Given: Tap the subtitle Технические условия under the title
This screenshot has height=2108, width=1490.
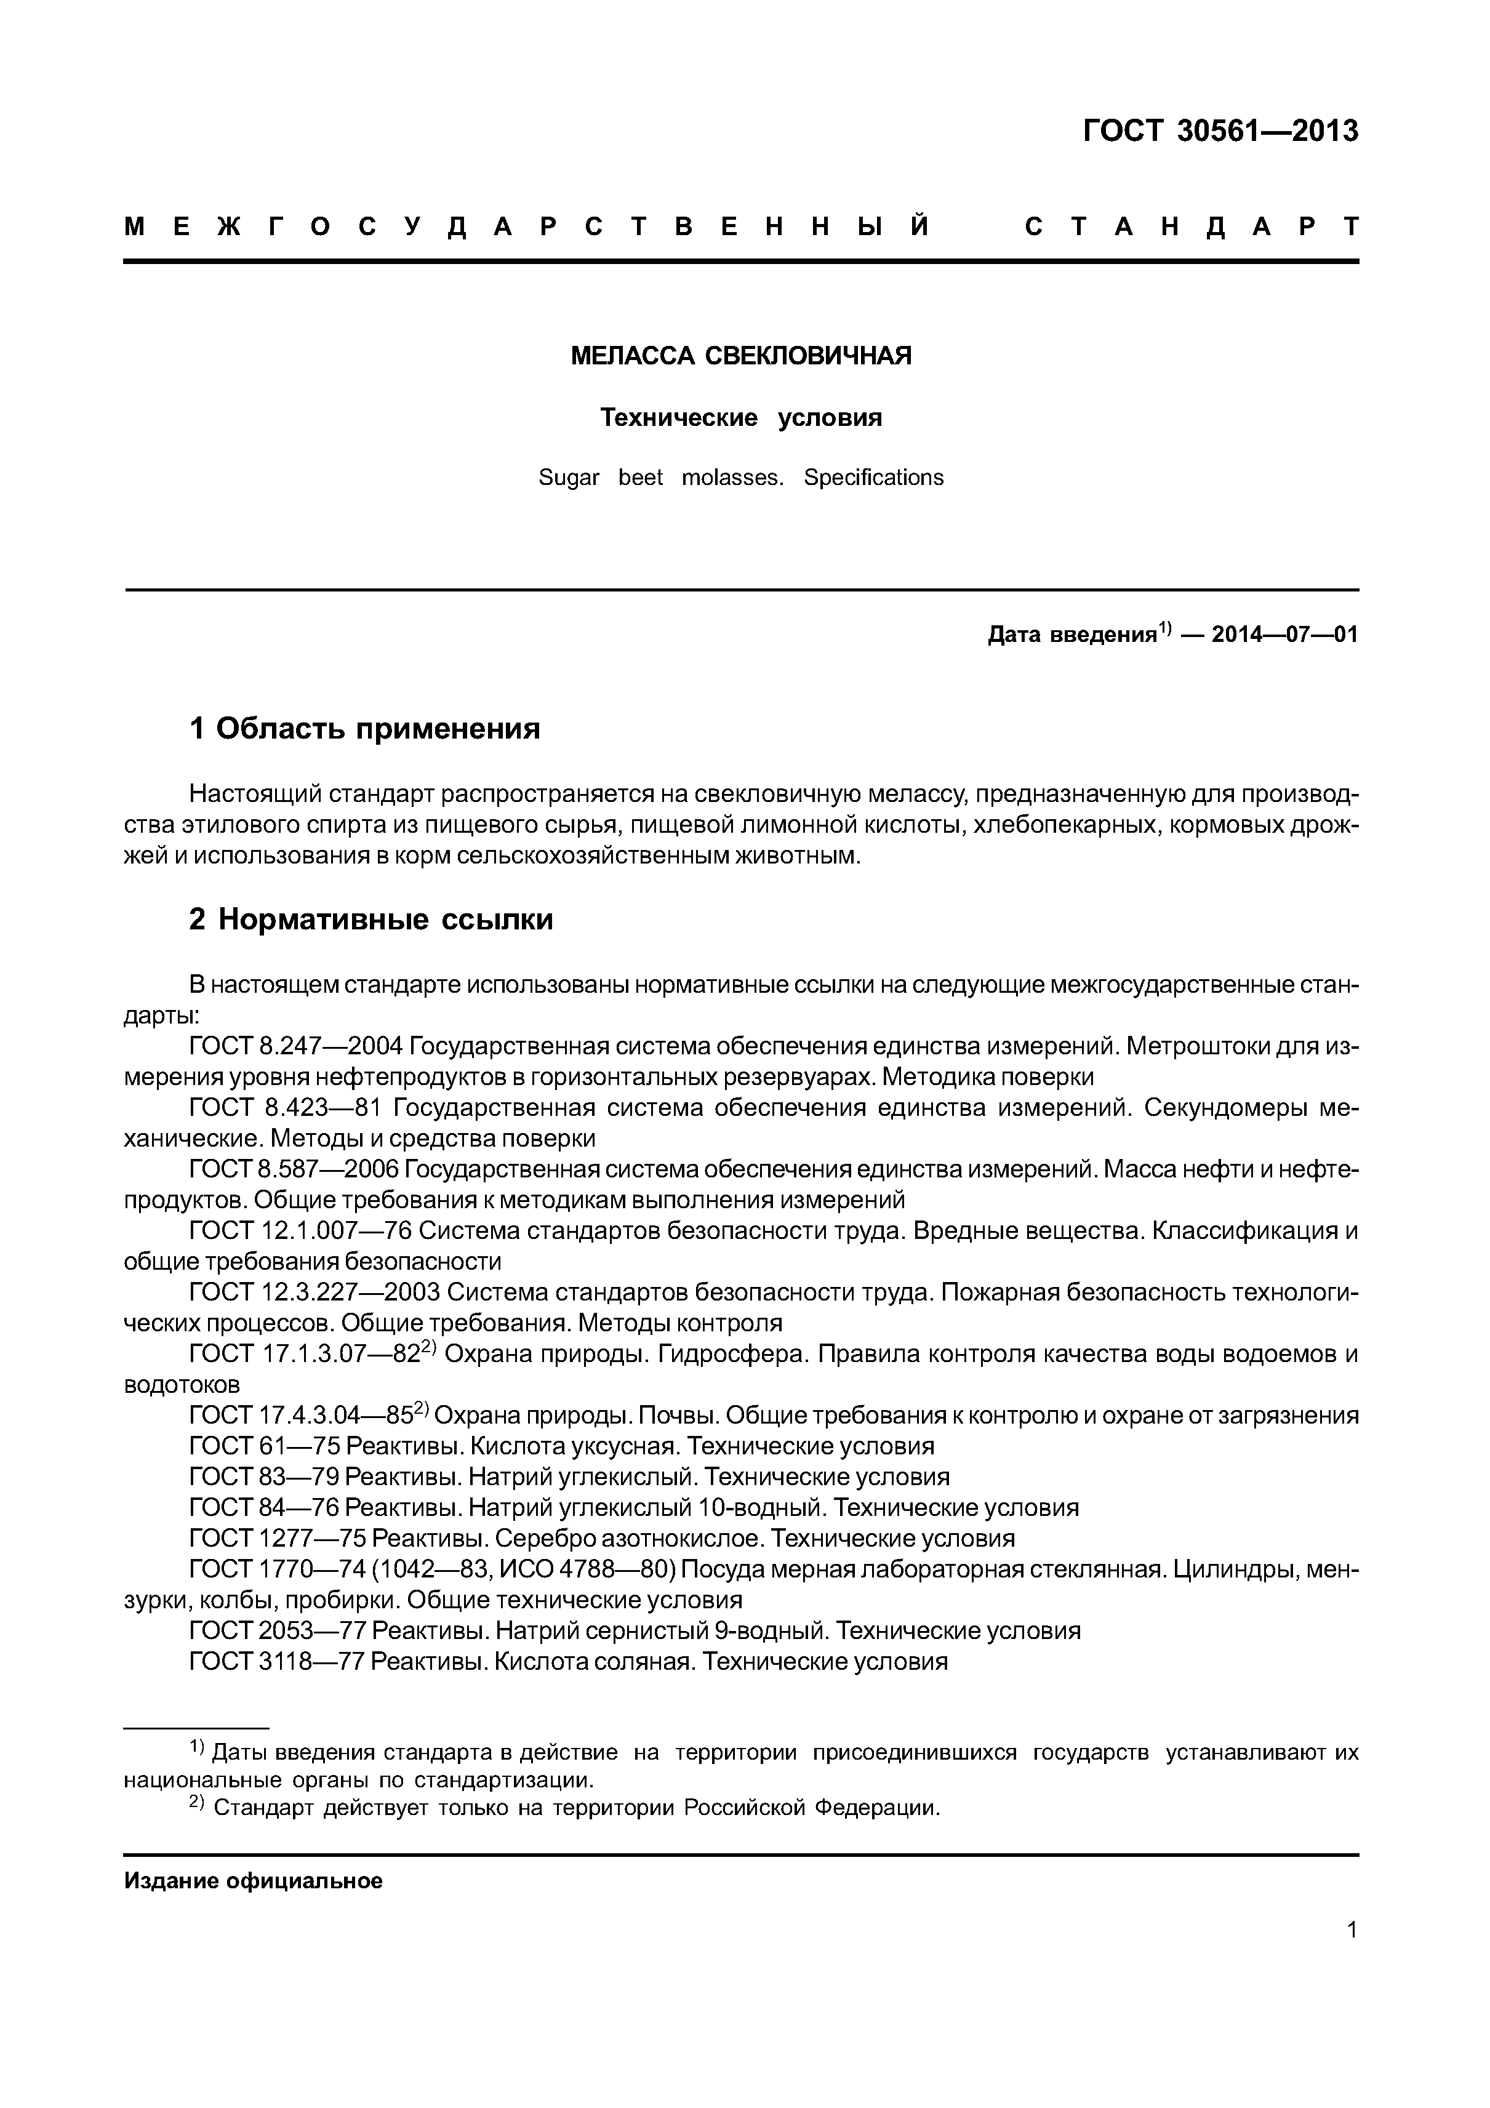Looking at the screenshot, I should pyautogui.click(x=741, y=418).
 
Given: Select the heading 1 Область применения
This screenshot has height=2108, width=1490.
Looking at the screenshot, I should pyautogui.click(x=364, y=729).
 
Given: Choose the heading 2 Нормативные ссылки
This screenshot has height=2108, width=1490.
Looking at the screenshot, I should pyautogui.click(x=371, y=919).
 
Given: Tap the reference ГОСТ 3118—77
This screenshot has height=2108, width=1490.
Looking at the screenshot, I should pyautogui.click(x=276, y=1661).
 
